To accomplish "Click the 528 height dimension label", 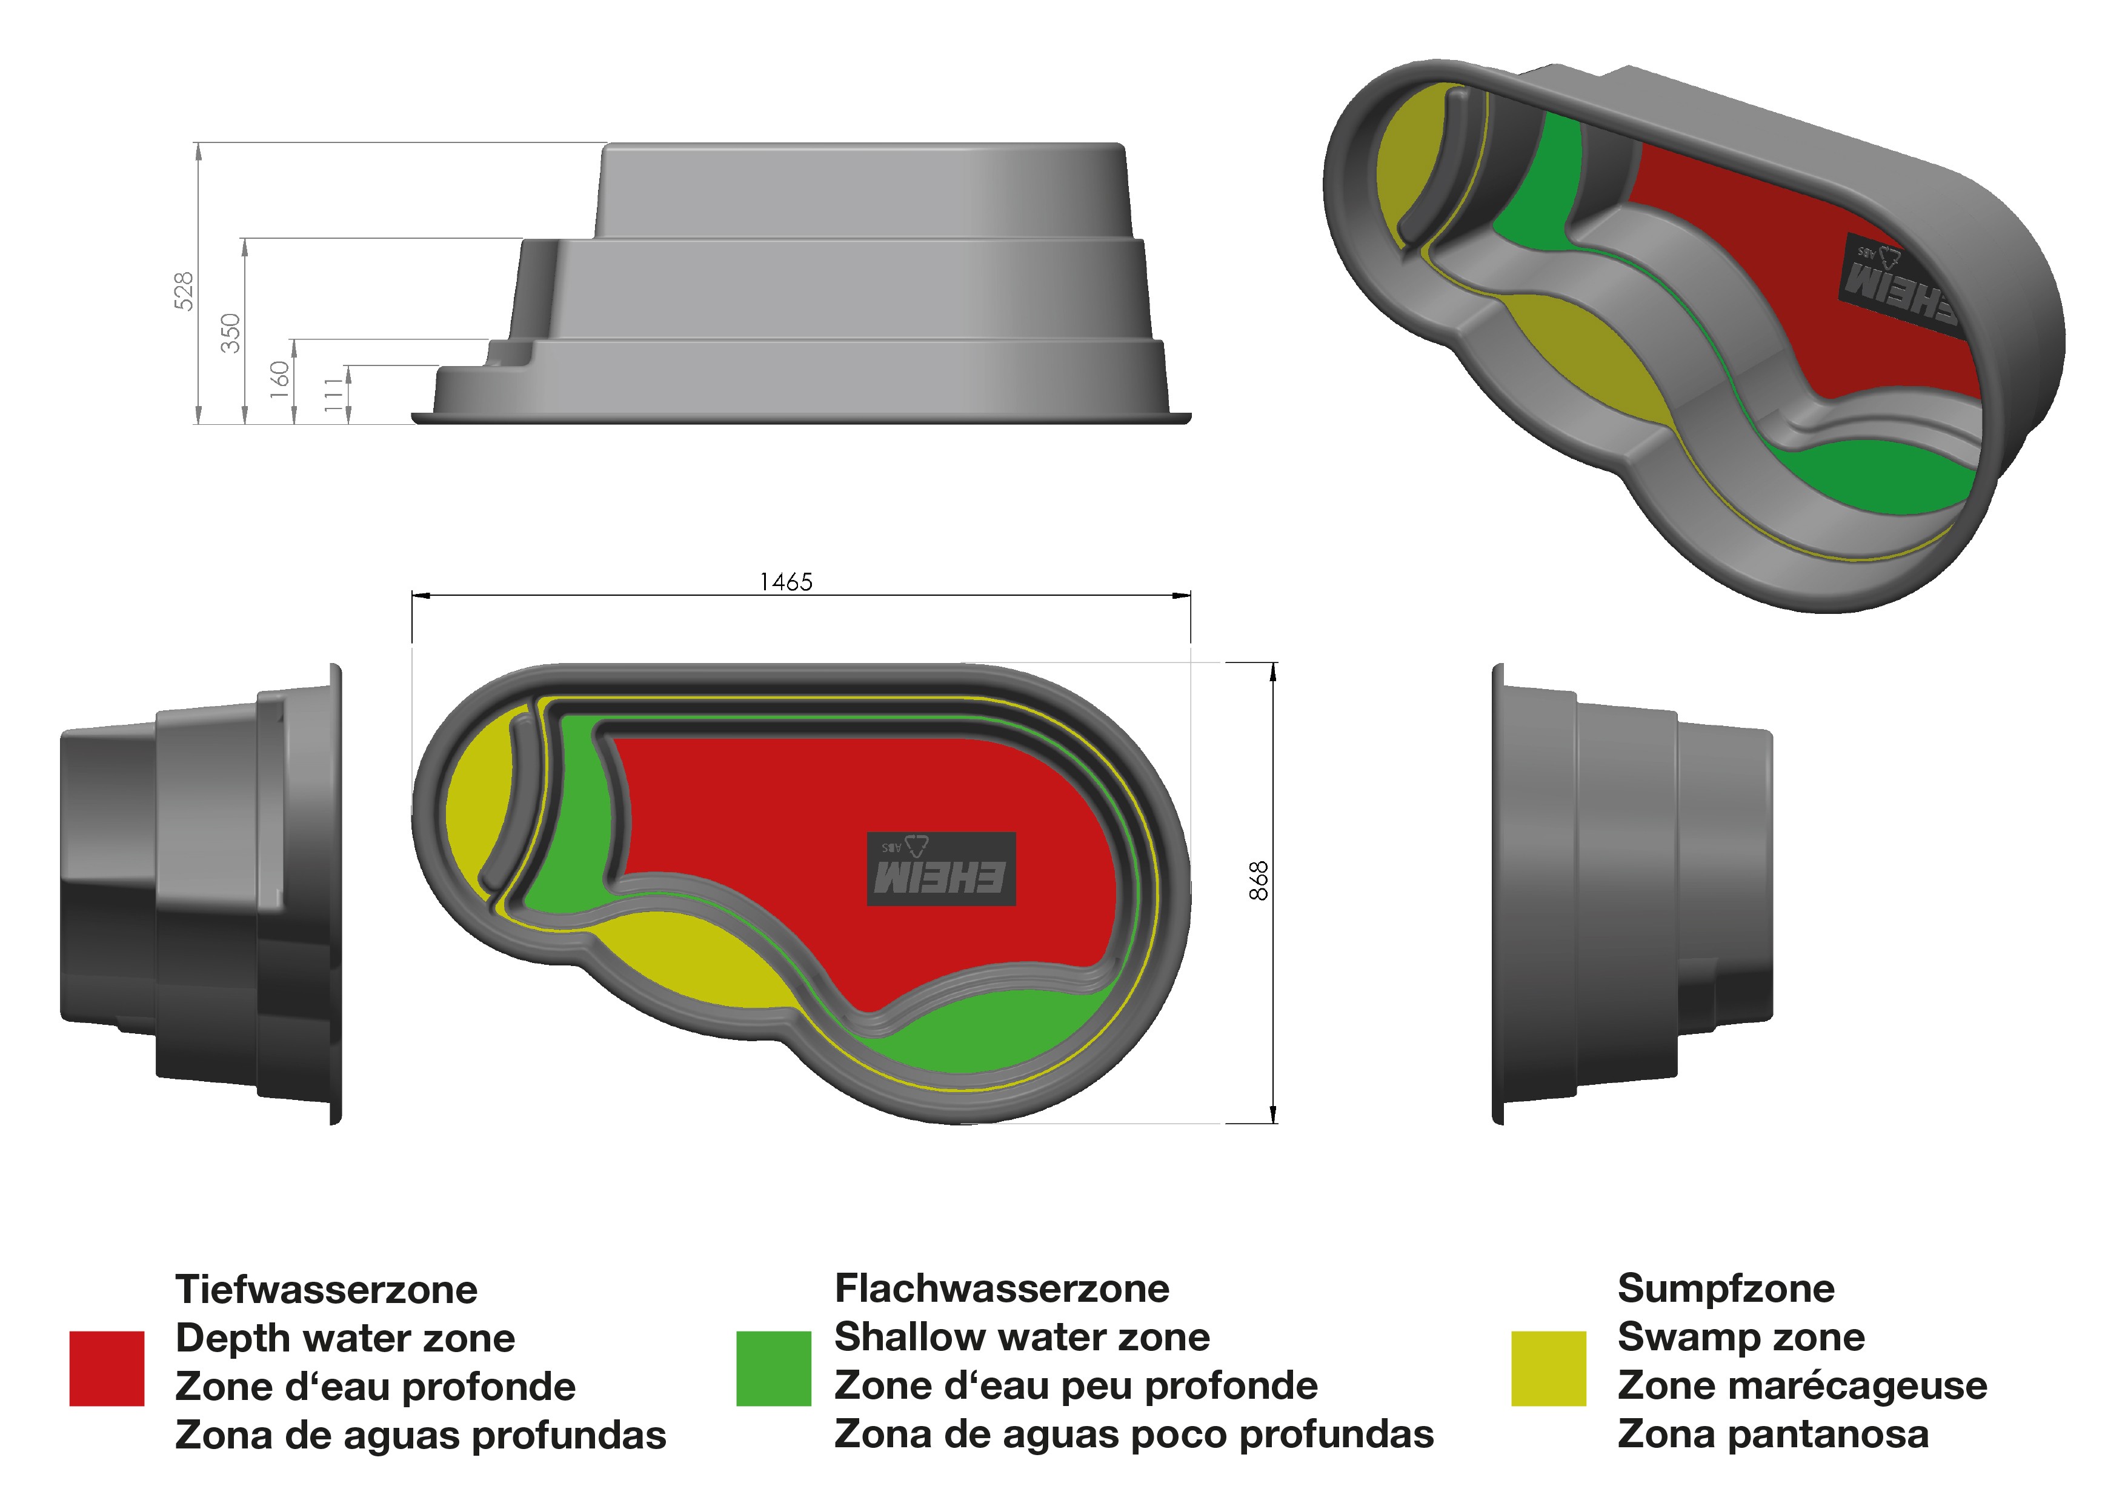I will coord(184,291).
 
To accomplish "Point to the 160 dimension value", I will coord(279,379).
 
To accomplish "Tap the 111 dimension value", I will coord(333,395).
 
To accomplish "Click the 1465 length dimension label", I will coord(786,582).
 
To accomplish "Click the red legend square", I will coord(107,1369).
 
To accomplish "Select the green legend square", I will coord(774,1369).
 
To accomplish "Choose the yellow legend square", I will coord(1548,1369).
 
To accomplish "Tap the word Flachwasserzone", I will coord(1002,1288).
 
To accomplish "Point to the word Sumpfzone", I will coord(1726,1288).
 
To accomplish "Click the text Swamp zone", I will coord(1741,1338).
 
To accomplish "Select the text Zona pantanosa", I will coord(1774,1435).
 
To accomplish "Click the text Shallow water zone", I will coord(1022,1338).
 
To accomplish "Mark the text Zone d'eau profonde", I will coord(375,1387).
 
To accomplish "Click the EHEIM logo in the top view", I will coord(941,869).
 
